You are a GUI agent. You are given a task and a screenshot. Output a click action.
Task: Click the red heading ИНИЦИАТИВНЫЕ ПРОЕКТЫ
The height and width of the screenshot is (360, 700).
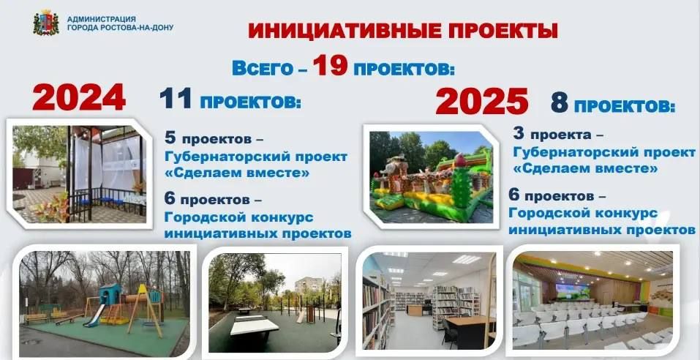[x=402, y=31]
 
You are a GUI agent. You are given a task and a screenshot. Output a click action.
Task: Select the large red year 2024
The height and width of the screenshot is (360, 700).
[x=79, y=99]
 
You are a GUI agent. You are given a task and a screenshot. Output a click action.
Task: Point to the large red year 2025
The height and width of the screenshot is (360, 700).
[x=481, y=102]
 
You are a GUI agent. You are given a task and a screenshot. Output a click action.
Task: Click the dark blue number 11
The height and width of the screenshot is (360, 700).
[x=177, y=100]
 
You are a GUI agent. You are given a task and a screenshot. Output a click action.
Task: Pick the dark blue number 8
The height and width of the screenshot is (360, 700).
[x=559, y=103]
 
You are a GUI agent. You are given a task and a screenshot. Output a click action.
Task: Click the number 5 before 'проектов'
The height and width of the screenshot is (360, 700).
[x=170, y=137]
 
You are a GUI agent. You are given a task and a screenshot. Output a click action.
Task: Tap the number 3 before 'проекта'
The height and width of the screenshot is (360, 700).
[x=519, y=135]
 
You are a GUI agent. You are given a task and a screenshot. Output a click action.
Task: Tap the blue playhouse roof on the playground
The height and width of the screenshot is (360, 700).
[x=109, y=289]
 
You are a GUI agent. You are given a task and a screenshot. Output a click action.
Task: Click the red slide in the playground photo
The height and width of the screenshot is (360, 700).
[x=96, y=315]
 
